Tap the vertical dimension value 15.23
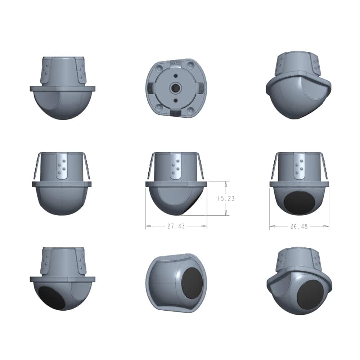click(226, 198)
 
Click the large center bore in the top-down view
click(176, 87)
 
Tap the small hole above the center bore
click(176, 76)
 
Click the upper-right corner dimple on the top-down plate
click(190, 66)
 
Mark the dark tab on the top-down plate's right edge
click(201, 88)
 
